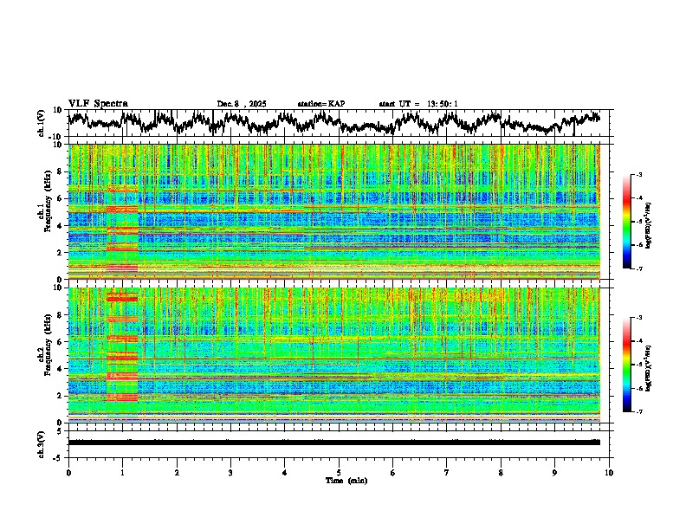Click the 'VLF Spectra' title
coord(98,103)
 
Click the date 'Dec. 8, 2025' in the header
coord(242,104)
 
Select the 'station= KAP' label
coord(320,104)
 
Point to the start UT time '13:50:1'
coord(443,104)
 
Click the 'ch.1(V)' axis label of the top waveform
coord(42,124)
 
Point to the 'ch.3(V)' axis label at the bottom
coord(42,443)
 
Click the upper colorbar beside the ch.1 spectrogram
coord(637,222)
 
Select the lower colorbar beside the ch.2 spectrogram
coord(637,365)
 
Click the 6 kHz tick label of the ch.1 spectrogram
coord(61,198)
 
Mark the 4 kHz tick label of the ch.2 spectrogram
coord(61,369)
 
